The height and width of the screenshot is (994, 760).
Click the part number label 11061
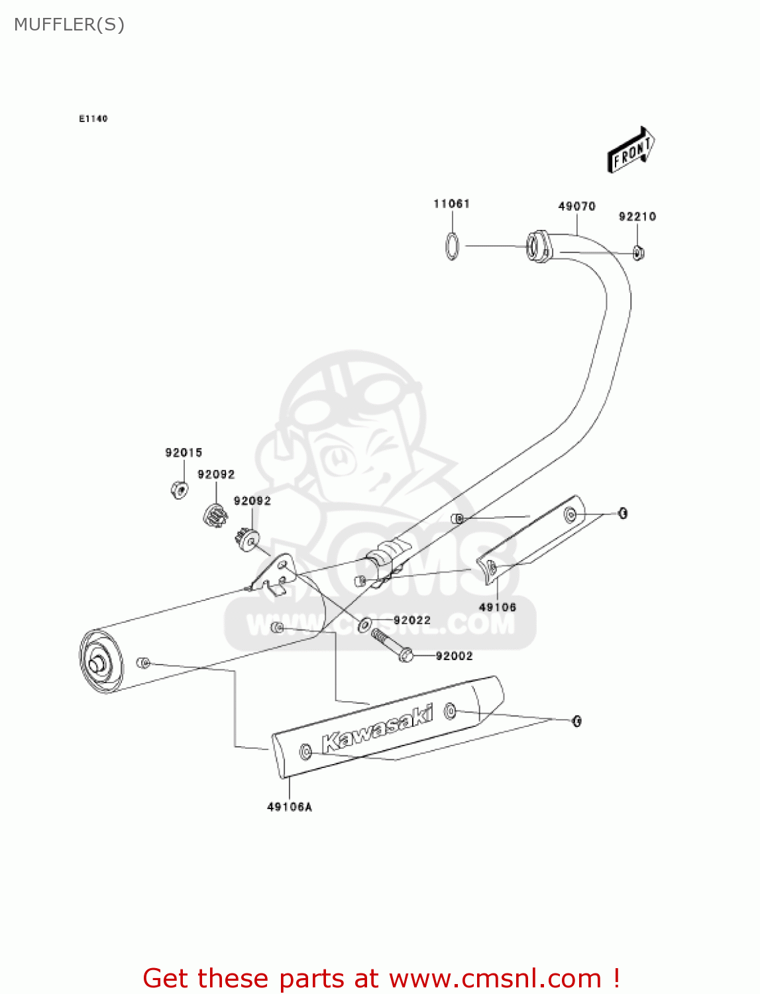pyautogui.click(x=451, y=203)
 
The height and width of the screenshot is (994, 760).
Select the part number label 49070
pyautogui.click(x=576, y=206)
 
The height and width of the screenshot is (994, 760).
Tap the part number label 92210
pyautogui.click(x=637, y=217)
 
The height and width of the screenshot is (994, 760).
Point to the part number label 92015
pyautogui.click(x=184, y=453)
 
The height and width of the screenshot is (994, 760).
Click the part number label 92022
pyautogui.click(x=411, y=620)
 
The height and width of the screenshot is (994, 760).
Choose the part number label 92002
pyautogui.click(x=454, y=656)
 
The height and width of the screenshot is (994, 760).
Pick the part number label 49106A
pyautogui.click(x=289, y=806)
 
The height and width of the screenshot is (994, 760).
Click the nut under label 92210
pyautogui.click(x=638, y=252)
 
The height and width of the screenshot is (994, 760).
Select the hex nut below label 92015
pyautogui.click(x=179, y=489)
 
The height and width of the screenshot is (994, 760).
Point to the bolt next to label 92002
pyautogui.click(x=392, y=645)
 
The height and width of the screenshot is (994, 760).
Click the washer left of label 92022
pyautogui.click(x=364, y=624)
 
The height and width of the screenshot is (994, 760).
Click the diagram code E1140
pyautogui.click(x=93, y=119)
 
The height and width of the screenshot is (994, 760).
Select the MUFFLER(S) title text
pyautogui.click(x=69, y=25)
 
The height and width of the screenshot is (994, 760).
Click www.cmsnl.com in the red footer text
pyautogui.click(x=494, y=978)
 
